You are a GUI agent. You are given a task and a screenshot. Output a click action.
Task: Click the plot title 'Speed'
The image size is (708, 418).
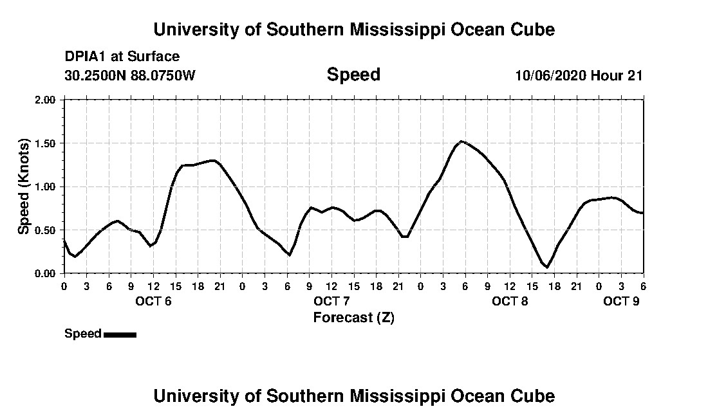pyautogui.click(x=353, y=75)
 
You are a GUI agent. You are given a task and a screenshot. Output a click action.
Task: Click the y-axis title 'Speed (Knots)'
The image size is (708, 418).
pyautogui.click(x=24, y=186)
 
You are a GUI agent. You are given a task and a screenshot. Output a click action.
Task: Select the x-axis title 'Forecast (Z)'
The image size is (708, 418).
pyautogui.click(x=353, y=317)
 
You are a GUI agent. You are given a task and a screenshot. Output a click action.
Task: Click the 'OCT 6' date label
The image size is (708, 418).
pyautogui.click(x=153, y=302)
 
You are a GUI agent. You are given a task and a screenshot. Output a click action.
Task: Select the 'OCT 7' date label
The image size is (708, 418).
pyautogui.click(x=331, y=302)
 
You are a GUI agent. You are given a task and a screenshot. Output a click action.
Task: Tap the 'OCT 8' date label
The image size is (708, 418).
pyautogui.click(x=510, y=302)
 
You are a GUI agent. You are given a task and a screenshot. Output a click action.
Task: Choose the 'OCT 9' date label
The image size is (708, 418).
pyautogui.click(x=621, y=302)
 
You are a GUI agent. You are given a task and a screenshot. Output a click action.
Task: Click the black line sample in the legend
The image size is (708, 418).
pyautogui.click(x=120, y=334)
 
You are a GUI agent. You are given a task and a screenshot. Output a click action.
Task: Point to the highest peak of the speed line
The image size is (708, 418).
pyautogui.click(x=461, y=141)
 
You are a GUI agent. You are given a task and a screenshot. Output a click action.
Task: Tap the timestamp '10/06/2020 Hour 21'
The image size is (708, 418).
pyautogui.click(x=579, y=75)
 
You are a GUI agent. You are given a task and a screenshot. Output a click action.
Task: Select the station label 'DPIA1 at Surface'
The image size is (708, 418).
pyautogui.click(x=122, y=57)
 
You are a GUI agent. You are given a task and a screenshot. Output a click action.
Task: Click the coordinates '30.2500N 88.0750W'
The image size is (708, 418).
pyautogui.click(x=130, y=75)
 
